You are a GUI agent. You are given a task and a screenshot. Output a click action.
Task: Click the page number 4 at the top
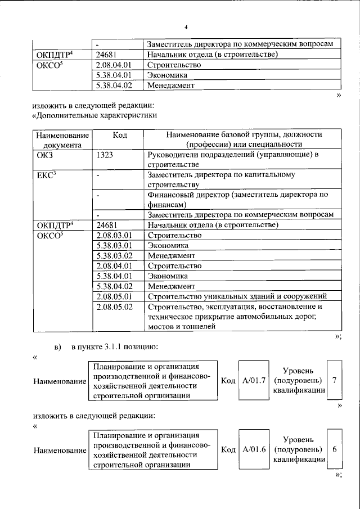[x=185, y=26]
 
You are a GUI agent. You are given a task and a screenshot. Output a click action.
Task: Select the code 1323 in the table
[x=106, y=155]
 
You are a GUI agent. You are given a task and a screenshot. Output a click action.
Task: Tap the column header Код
[x=119, y=135]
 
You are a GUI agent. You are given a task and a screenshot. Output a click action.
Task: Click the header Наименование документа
[x=62, y=139]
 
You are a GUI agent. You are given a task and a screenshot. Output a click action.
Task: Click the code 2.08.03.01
[x=114, y=235]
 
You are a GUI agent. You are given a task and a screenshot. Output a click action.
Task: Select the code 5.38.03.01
[x=114, y=245]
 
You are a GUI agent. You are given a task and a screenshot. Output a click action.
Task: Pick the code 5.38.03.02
[x=114, y=255]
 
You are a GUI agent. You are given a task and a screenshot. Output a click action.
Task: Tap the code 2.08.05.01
[x=114, y=296]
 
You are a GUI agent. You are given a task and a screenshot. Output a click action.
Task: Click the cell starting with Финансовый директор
[x=237, y=200]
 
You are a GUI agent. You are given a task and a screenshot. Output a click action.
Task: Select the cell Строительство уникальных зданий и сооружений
[x=237, y=296]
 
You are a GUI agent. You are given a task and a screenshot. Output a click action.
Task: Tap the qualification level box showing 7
[x=335, y=381]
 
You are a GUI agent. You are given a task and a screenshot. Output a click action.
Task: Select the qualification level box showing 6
[x=335, y=450]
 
